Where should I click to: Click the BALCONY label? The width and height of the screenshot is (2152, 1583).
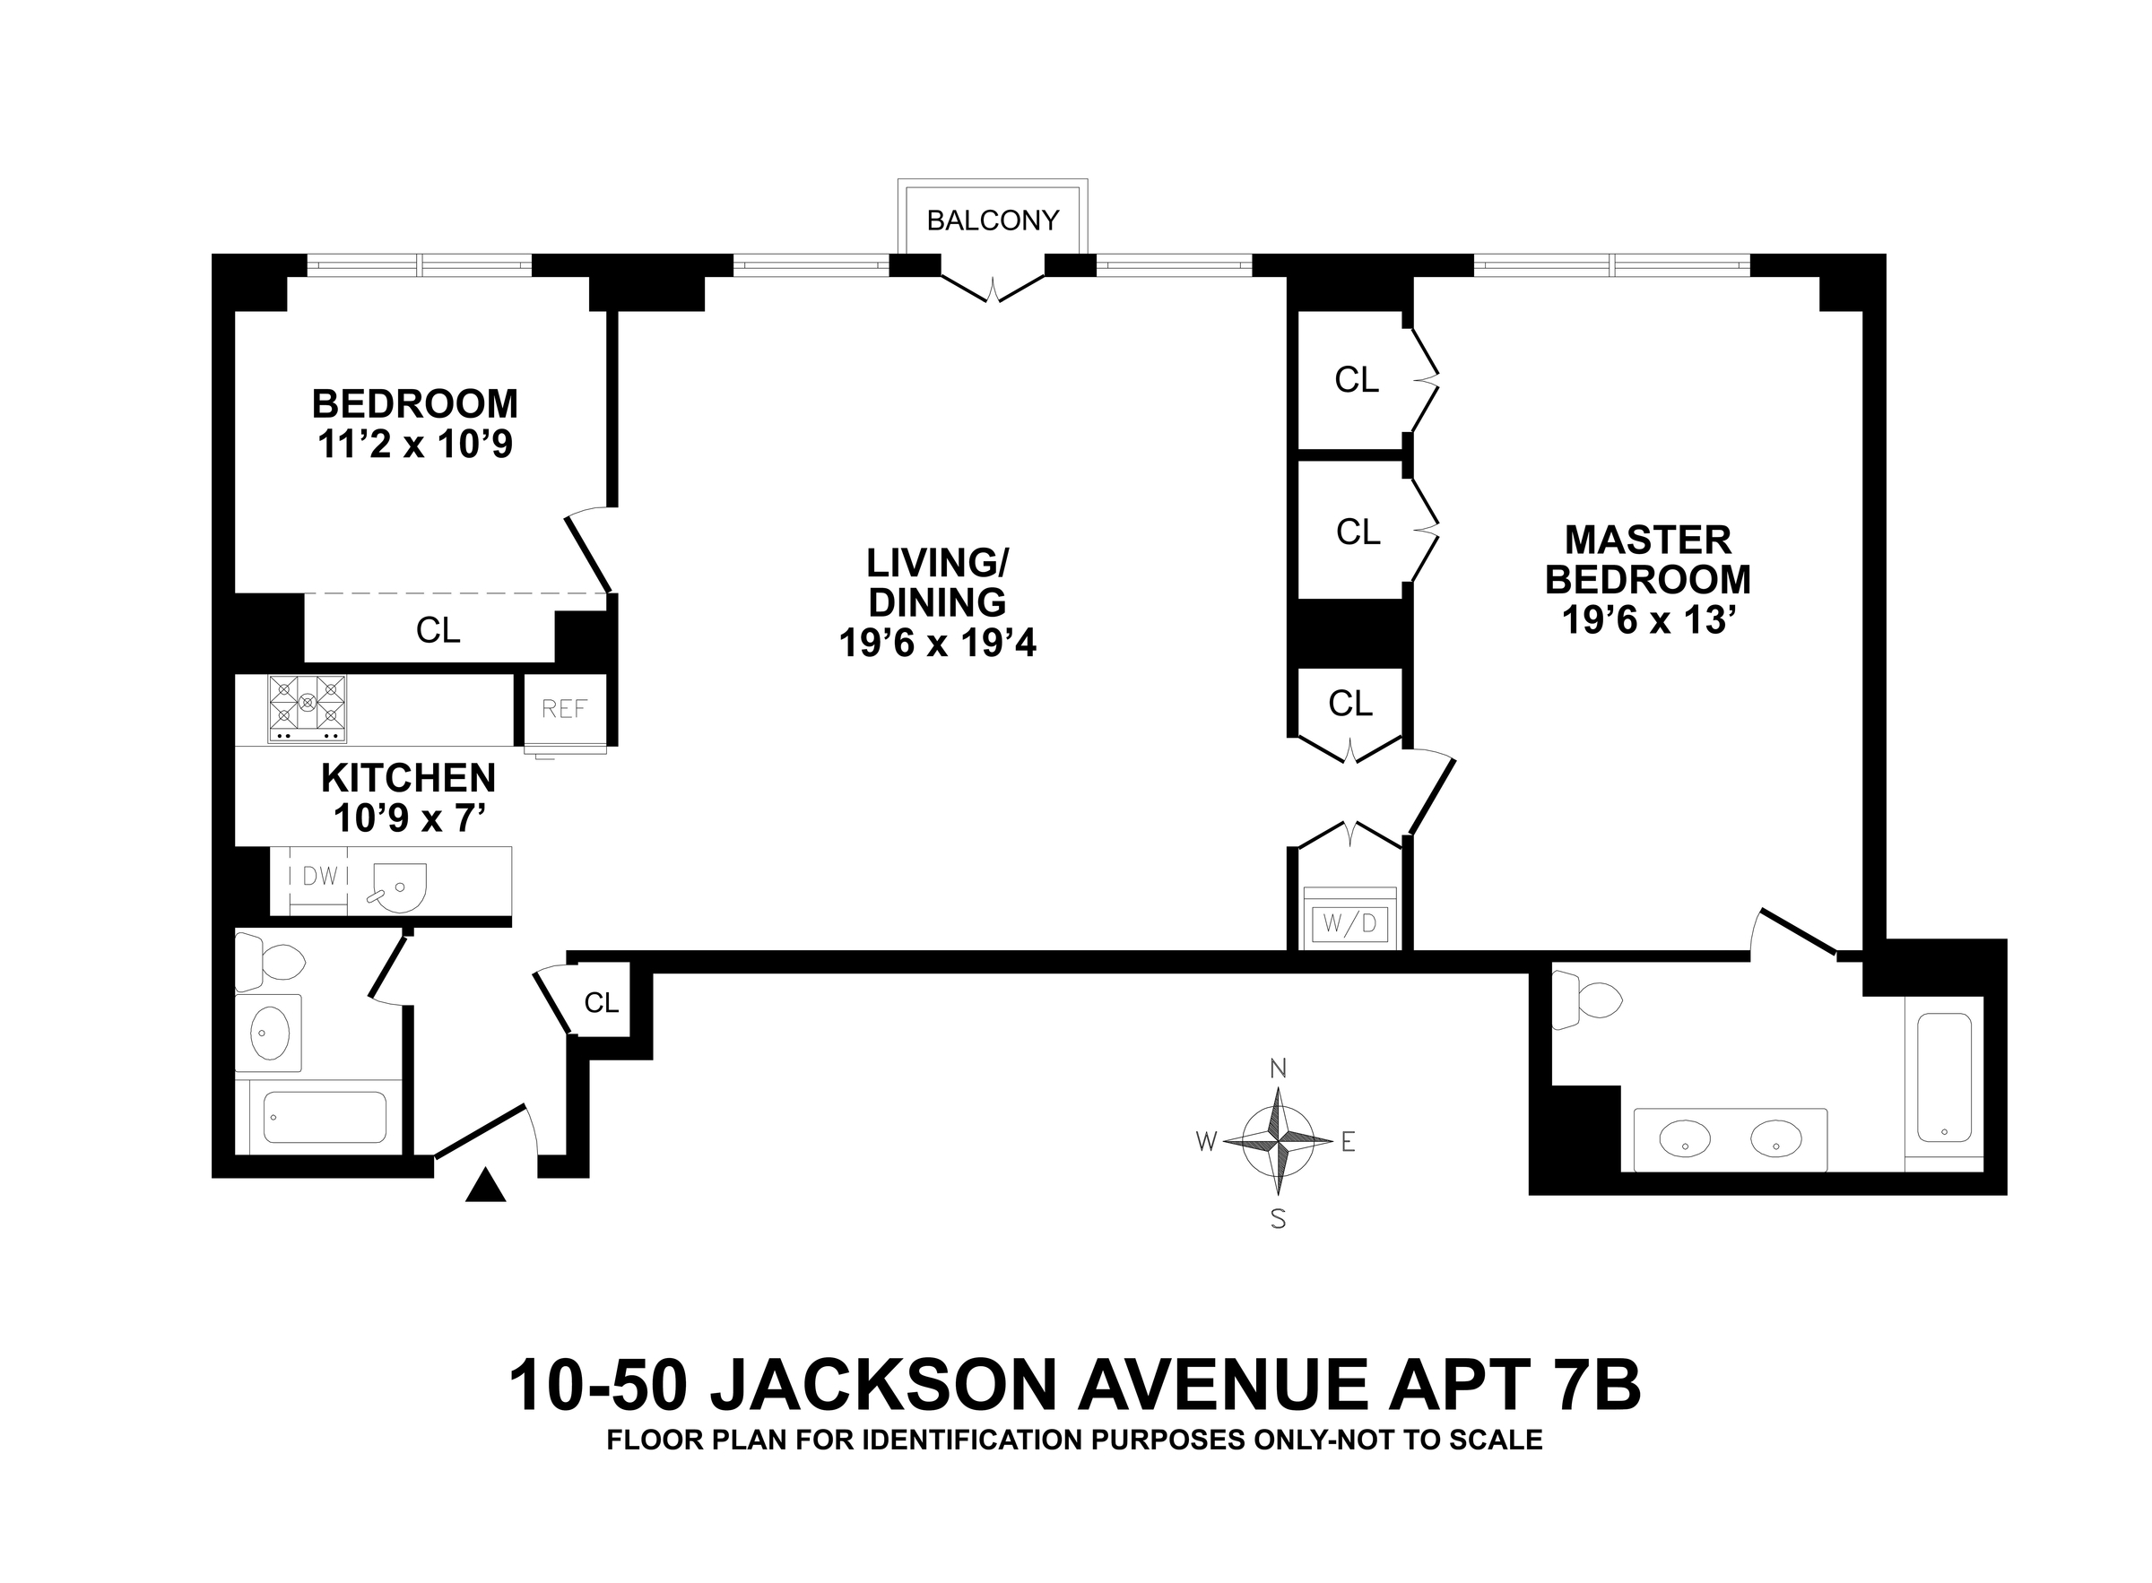pos(992,221)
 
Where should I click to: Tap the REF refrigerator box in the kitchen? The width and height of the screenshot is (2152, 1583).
pos(565,709)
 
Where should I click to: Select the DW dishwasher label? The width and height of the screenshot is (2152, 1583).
pos(320,876)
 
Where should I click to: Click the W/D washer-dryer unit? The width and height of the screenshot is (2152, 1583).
pos(1349,922)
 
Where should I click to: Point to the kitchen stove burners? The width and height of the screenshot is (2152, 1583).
pos(308,709)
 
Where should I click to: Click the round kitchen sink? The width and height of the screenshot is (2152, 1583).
pos(396,887)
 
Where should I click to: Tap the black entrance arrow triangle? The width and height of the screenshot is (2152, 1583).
pos(485,1185)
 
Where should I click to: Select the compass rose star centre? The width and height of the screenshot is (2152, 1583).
pos(1278,1141)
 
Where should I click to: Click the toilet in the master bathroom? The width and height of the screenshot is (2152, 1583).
pos(1585,1000)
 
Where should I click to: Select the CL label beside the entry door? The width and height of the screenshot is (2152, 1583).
pos(601,1002)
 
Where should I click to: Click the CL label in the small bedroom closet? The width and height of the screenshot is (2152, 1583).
pos(438,629)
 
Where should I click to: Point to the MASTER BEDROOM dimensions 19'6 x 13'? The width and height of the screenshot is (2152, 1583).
pos(1648,620)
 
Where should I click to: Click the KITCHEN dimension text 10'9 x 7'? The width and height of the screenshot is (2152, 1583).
pos(409,818)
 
